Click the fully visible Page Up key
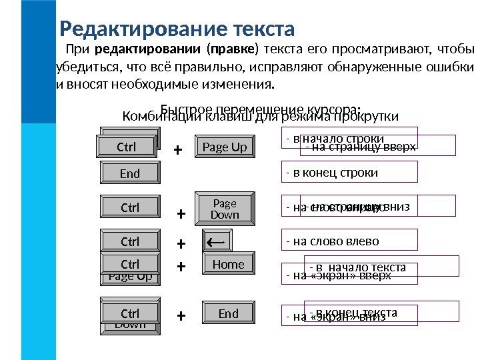point(225,147)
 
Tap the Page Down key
point(225,209)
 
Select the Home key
point(229,265)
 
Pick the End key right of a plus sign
point(229,313)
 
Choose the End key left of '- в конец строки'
point(130,173)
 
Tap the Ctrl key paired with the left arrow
point(130,241)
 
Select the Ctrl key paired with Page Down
point(130,208)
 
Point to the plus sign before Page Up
point(177,151)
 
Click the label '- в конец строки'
point(331,173)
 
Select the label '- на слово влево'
point(332,241)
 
